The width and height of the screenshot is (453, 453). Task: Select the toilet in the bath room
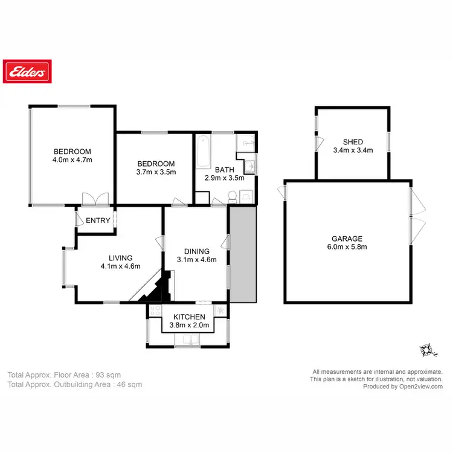pos(232,195)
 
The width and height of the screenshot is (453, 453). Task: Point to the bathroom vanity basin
pos(251,166)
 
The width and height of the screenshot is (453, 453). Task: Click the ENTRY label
pos(98,220)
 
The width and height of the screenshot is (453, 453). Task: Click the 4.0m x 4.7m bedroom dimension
pos(72,160)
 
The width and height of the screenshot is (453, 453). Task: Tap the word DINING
pos(197,251)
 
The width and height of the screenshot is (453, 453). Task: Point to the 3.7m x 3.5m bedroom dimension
pos(155,172)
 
